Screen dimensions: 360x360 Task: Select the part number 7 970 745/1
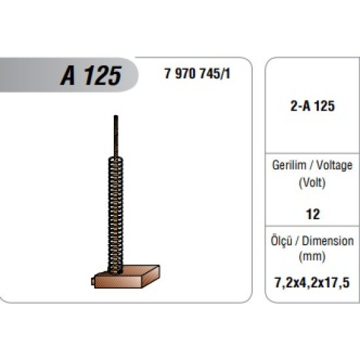click(196, 73)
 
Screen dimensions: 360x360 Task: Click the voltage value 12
click(312, 214)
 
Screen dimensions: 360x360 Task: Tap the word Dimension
click(330, 241)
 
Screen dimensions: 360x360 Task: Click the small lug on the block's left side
click(91, 282)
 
